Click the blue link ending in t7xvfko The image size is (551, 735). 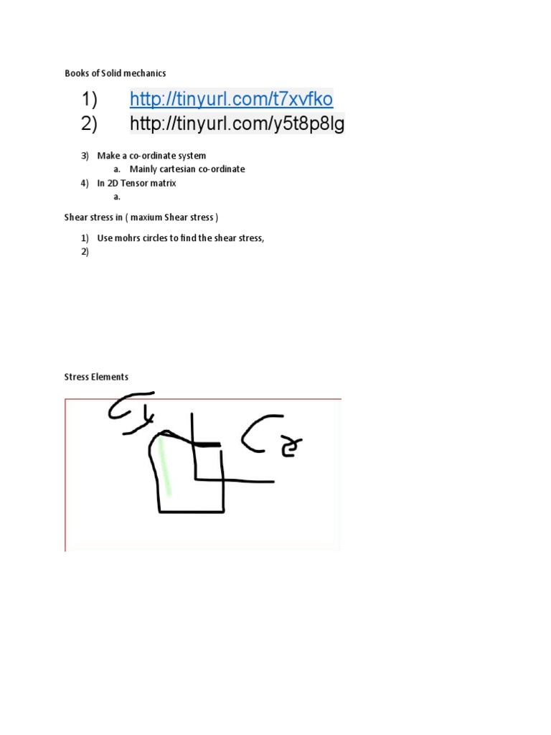click(x=231, y=98)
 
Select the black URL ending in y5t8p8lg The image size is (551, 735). click(x=237, y=124)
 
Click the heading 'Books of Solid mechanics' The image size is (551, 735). click(x=116, y=72)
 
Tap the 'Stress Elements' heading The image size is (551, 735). click(x=96, y=377)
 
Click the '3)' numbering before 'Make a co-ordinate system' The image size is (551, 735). click(x=85, y=156)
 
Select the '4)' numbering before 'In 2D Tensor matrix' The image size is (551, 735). click(x=85, y=183)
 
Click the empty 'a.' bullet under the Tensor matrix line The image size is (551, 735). click(x=117, y=197)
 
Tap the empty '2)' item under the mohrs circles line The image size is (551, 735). click(x=85, y=252)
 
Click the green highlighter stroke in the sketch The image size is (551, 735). click(x=165, y=467)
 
